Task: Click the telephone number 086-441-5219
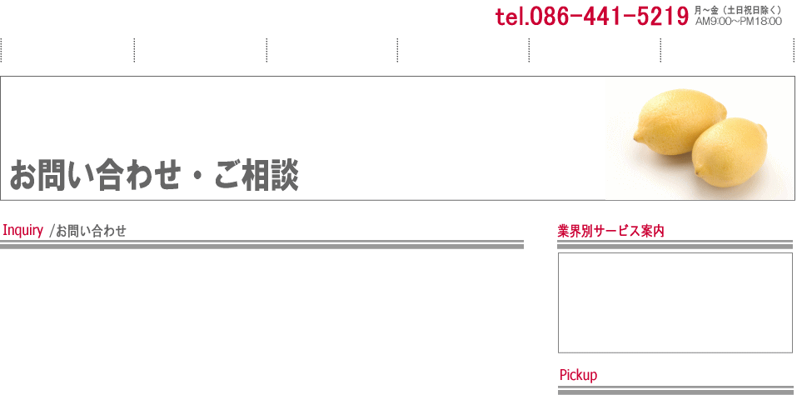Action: pyautogui.click(x=605, y=17)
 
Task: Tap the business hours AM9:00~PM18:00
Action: pyautogui.click(x=738, y=22)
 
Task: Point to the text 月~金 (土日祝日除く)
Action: pyautogui.click(x=737, y=10)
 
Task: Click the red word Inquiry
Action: pyautogui.click(x=22, y=230)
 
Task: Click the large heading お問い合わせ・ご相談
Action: pyautogui.click(x=153, y=175)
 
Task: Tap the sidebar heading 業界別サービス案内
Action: pyautogui.click(x=610, y=231)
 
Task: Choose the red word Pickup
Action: pyautogui.click(x=578, y=375)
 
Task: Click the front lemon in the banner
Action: pyautogui.click(x=730, y=153)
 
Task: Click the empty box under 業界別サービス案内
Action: pyautogui.click(x=675, y=302)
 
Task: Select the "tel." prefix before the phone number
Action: pyautogui.click(x=509, y=17)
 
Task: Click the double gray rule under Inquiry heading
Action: pyautogui.click(x=262, y=244)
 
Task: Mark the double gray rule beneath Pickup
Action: pyautogui.click(x=675, y=391)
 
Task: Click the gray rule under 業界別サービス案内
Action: pyautogui.click(x=675, y=244)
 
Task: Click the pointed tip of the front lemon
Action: pyautogui.click(x=697, y=172)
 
